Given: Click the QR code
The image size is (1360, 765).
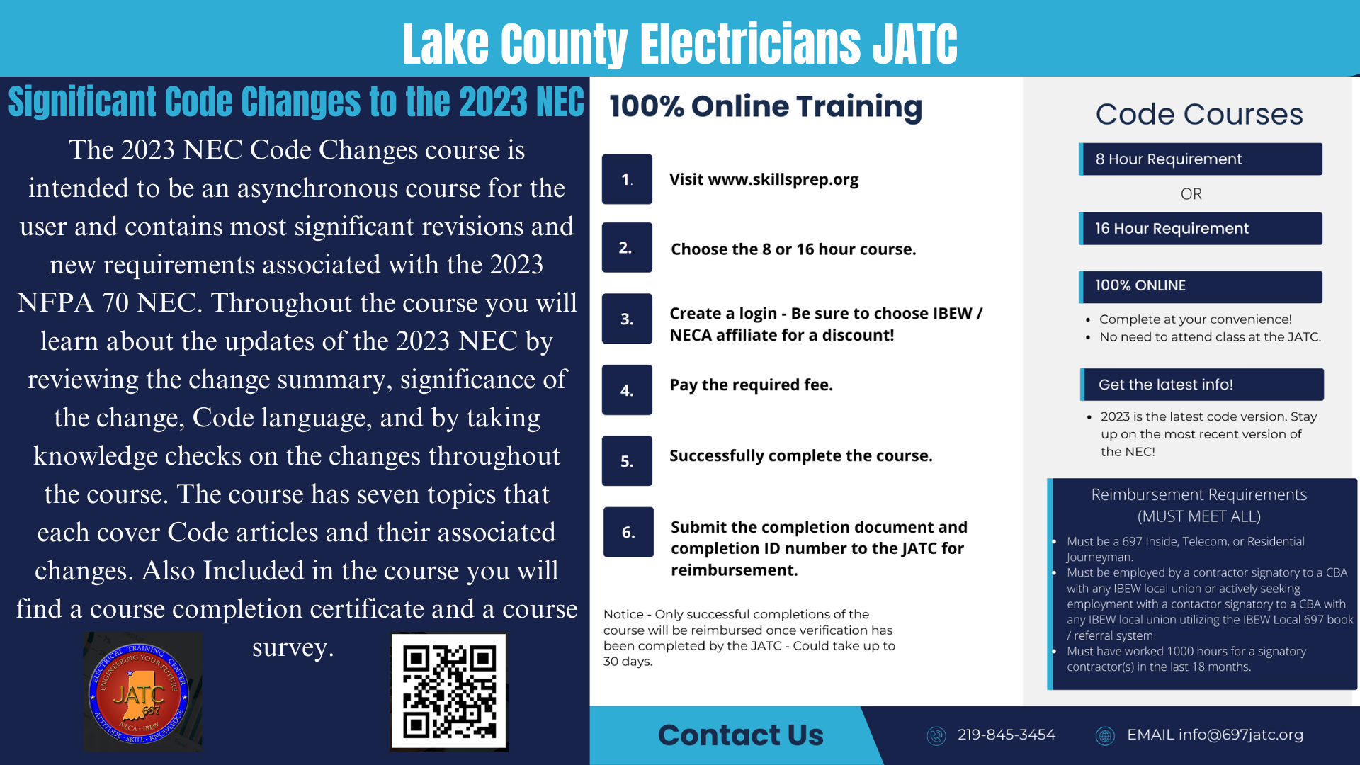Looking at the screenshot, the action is pos(449,692).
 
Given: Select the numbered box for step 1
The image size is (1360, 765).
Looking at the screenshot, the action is pos(627,179).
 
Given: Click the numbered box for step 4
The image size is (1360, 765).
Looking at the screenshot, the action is pos(627,390).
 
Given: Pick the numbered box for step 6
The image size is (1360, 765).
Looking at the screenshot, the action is pos(628,532).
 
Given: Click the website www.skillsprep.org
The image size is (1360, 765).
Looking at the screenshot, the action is pos(783,179).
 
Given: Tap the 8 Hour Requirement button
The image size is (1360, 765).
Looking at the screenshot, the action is pos(1201,159).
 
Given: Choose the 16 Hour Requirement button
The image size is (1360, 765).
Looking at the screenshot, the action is pos(1201,229).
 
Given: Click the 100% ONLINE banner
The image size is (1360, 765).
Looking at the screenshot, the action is pos(1201,286).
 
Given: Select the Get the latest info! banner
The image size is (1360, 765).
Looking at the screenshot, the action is pos(1202,385).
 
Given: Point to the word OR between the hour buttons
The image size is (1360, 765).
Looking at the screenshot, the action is pos(1191,194).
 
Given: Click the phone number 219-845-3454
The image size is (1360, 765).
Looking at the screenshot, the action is pos(1007,735).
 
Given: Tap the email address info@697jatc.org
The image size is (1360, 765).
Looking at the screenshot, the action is pos(1241,735).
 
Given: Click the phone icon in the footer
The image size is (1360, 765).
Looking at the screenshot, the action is pos(936,736).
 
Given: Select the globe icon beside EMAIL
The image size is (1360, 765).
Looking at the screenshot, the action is pos(1105,736).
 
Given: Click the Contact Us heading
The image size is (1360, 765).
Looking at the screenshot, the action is pos(741,735).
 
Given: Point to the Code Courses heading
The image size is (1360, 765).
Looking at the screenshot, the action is pos(1199,114).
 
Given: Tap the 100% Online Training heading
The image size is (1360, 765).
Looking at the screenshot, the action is pos(766,107).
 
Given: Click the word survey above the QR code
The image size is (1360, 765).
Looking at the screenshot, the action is pos(293,647).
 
